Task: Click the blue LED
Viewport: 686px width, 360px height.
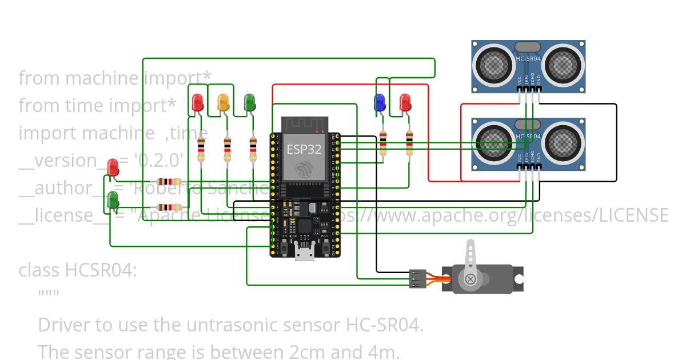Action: pos(378,103)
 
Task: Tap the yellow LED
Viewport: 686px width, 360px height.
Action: pos(224,103)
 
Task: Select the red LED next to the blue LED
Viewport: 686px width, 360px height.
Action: pos(405,103)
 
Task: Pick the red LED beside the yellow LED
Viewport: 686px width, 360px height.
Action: pos(198,103)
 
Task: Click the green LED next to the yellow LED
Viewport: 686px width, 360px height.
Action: pos(249,103)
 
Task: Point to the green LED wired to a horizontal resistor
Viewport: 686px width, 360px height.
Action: pos(113,200)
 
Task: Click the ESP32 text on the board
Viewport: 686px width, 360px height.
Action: pos(304,150)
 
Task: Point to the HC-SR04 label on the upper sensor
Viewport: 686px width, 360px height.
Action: pos(528,58)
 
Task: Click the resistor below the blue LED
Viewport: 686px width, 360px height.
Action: pos(382,143)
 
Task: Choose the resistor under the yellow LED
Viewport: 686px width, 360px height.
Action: pos(228,150)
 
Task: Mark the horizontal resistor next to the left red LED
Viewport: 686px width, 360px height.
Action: pos(169,181)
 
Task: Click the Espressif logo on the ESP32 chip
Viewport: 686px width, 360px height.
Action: pos(304,169)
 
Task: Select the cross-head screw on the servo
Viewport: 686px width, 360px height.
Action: pos(470,279)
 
